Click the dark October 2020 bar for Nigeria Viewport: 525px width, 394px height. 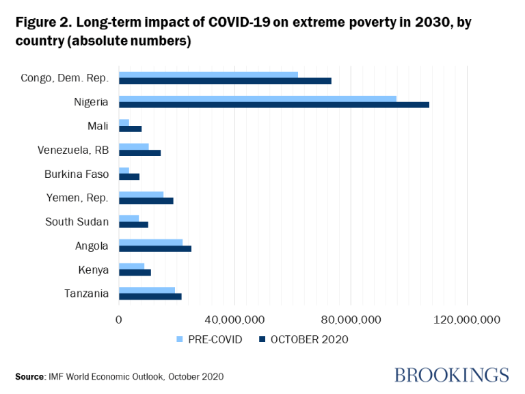pyautogui.click(x=273, y=105)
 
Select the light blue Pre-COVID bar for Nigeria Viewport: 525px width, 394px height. pyautogui.click(x=257, y=98)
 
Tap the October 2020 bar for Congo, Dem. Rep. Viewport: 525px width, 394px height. pyautogui.click(x=225, y=81)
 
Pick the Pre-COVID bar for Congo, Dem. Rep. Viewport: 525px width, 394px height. pyautogui.click(x=208, y=74)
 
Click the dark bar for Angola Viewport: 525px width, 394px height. pyautogui.click(x=155, y=248)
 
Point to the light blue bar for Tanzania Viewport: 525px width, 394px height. pyautogui.click(x=147, y=290)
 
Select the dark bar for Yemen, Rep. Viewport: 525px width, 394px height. pyautogui.click(x=146, y=200)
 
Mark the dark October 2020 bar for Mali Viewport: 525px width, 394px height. pyautogui.click(x=130, y=129)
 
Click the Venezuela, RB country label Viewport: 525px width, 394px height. pyautogui.click(x=73, y=150)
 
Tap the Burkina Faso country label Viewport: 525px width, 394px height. pyautogui.click(x=77, y=174)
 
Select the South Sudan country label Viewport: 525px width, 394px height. pyautogui.click(x=77, y=222)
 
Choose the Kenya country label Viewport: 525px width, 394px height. pyautogui.click(x=94, y=270)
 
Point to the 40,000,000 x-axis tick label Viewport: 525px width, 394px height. pyautogui.click(x=234, y=319)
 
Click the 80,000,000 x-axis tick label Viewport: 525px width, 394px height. pyautogui.click(x=351, y=319)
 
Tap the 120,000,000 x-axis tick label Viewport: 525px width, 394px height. pyautogui.click(x=467, y=319)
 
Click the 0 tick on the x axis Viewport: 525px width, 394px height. pyautogui.click(x=119, y=319)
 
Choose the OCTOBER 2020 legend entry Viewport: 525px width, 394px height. pyautogui.click(x=303, y=339)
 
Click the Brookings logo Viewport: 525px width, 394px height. pyautogui.click(x=451, y=375)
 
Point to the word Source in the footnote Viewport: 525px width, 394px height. pyautogui.click(x=29, y=376)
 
